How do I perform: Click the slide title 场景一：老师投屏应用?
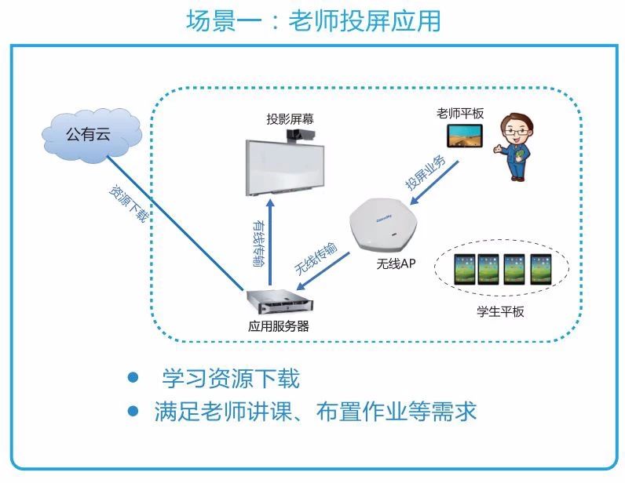[313, 20]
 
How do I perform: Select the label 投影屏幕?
[288, 119]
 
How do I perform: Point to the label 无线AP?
[396, 263]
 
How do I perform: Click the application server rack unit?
[276, 302]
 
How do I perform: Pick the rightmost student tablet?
[541, 268]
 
